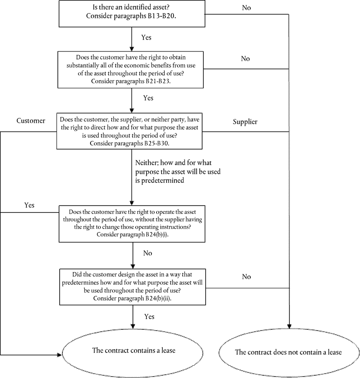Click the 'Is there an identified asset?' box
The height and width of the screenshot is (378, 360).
coord(132,14)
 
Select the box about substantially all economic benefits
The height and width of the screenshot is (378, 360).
coord(131,70)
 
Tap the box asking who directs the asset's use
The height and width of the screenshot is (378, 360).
coord(130,131)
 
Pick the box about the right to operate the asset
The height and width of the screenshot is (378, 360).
coord(132,224)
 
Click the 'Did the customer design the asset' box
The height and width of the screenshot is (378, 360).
coord(132,287)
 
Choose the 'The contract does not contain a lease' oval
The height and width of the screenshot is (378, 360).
coord(289,353)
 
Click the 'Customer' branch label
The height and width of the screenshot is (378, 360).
coord(30,121)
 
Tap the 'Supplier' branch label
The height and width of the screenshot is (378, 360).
coord(245,122)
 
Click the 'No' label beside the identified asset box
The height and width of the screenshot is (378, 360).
coord(246,8)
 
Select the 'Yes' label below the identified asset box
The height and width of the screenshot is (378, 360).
coord(147,37)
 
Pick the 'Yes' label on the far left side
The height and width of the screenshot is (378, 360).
coord(29,205)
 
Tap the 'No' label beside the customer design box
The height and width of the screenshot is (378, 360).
coord(246,277)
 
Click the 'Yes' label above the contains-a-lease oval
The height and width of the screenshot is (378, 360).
coord(149,317)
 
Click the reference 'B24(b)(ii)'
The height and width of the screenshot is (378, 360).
coord(158,298)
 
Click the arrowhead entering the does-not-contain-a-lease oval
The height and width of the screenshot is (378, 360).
coord(289,327)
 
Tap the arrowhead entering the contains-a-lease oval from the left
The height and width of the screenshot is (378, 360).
coord(60,355)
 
